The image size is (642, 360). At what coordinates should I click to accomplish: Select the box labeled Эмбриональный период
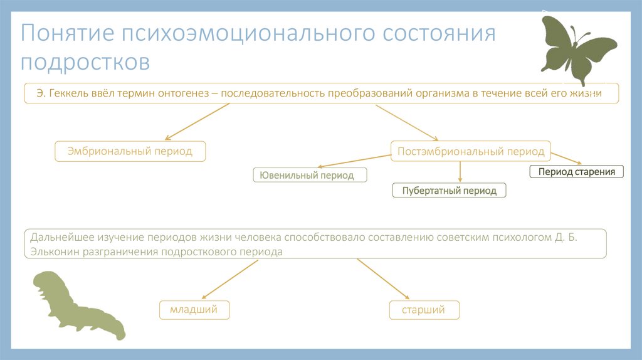click(130, 152)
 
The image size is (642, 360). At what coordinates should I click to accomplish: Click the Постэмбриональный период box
click(471, 152)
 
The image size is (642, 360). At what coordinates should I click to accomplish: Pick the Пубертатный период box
click(449, 191)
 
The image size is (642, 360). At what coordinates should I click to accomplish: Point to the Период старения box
click(577, 171)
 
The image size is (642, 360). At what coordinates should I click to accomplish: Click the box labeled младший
click(193, 310)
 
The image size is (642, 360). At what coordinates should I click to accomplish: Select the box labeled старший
click(424, 310)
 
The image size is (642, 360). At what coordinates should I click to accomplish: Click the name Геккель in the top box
click(68, 93)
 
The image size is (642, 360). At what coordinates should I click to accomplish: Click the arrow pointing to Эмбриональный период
click(194, 122)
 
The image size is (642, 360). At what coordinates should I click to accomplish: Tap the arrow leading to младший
click(229, 279)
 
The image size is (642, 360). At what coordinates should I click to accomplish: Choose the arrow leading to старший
click(383, 279)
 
